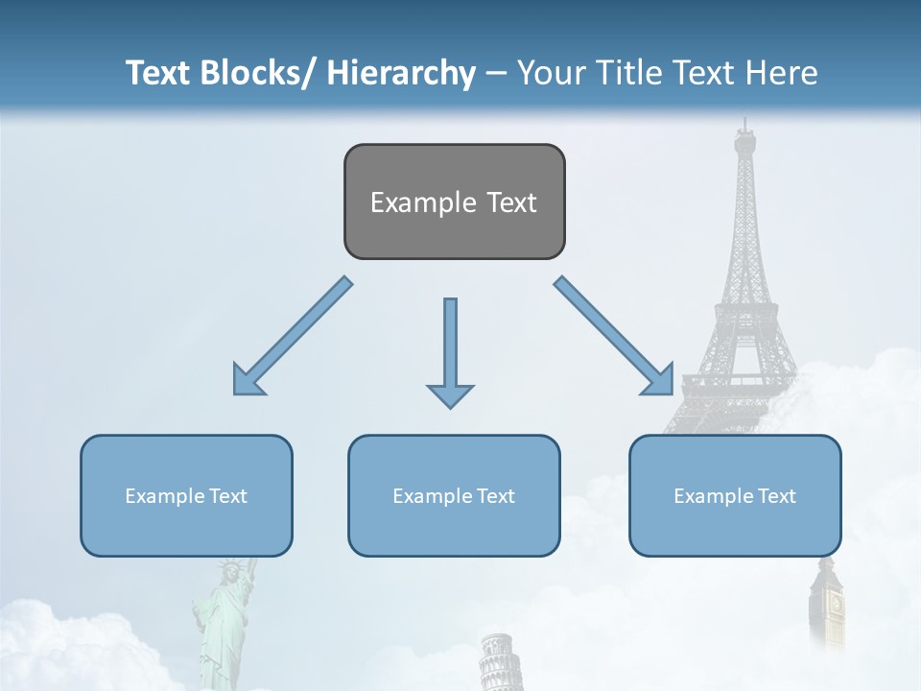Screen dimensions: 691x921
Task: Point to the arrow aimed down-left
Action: tap(293, 336)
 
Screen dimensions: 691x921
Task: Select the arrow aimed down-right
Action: tap(614, 336)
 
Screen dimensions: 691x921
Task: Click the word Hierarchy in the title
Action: tap(400, 73)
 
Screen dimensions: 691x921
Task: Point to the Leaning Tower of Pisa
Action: tap(496, 662)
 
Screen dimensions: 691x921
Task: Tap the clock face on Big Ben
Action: tap(835, 605)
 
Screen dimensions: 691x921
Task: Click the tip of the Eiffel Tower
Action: tap(744, 123)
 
